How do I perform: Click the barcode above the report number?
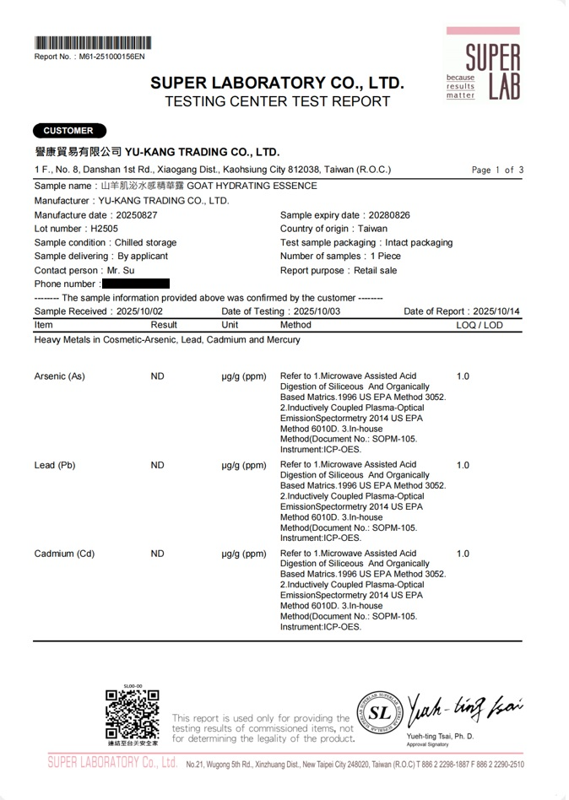pos(93,43)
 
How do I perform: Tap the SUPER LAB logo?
pos(484,66)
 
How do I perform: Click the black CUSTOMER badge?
pos(69,131)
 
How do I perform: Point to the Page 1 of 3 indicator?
pos(498,170)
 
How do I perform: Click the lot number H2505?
pos(105,229)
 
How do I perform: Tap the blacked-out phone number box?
pos(135,284)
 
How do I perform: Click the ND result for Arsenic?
pos(157,376)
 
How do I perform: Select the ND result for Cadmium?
pos(157,554)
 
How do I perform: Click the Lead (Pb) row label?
pos(55,465)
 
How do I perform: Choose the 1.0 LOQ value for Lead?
pos(463,465)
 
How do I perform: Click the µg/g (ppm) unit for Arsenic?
pos(244,376)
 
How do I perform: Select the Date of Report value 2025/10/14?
pos(496,311)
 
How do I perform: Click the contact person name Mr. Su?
pos(120,271)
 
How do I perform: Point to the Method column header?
pos(295,325)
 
